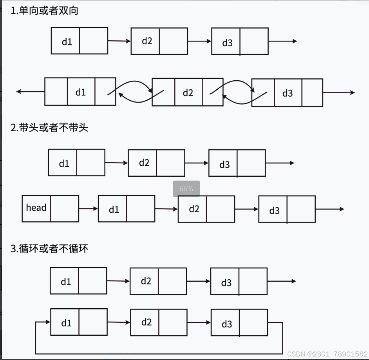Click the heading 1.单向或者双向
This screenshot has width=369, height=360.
click(44, 11)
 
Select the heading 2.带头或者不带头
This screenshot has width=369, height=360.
click(49, 127)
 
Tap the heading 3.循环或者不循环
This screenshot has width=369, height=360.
click(49, 248)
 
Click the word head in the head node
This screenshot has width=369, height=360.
click(36, 208)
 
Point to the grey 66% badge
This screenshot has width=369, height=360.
click(186, 189)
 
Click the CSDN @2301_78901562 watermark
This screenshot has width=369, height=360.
click(327, 354)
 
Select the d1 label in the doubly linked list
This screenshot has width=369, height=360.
click(81, 92)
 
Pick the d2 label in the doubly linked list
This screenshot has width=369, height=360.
click(188, 93)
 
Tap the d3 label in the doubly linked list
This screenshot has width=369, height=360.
click(288, 93)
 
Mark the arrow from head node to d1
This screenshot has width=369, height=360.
click(88, 209)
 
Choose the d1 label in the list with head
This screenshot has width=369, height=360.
click(114, 210)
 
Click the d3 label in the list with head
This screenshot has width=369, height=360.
click(274, 211)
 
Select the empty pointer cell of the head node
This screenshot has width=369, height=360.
click(65, 208)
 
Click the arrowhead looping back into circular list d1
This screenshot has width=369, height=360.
click(47, 322)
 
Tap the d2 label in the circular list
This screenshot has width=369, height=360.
click(146, 322)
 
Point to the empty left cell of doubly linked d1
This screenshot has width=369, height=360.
click(56, 92)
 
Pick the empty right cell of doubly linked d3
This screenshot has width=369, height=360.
click(312, 93)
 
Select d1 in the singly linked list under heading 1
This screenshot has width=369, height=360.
click(67, 41)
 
